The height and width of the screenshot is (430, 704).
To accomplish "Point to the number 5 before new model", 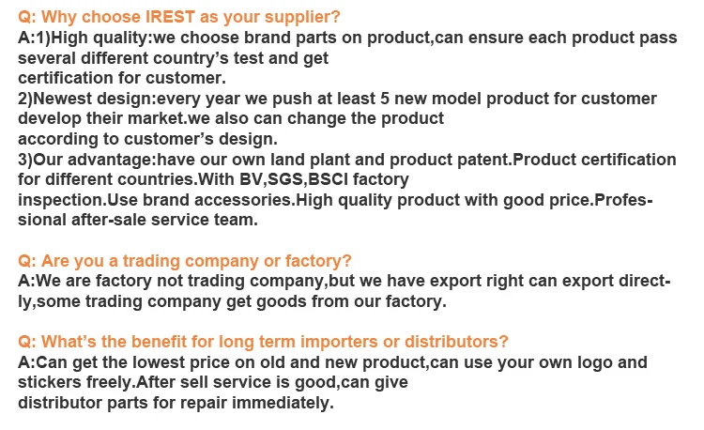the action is (x=384, y=99).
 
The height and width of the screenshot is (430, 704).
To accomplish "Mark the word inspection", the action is (x=60, y=201).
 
